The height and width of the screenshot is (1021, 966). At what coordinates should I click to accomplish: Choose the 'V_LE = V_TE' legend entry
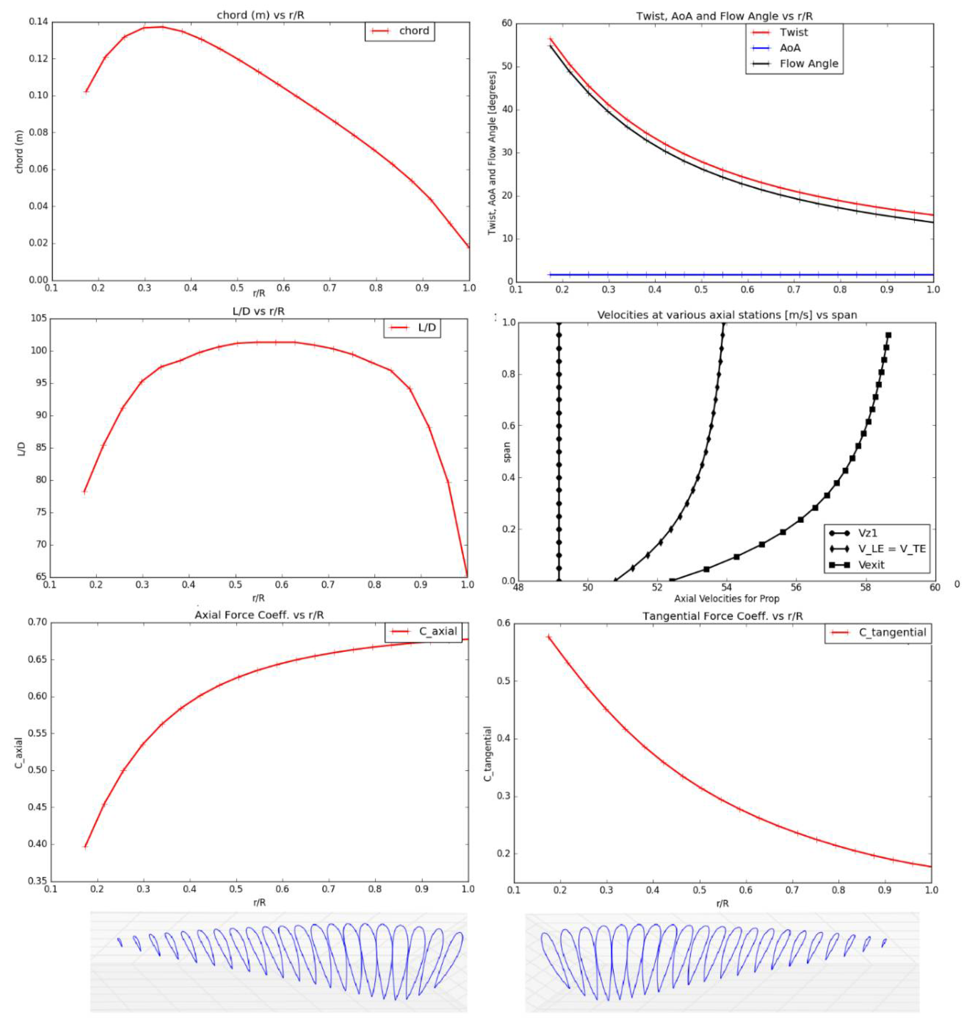[x=891, y=548]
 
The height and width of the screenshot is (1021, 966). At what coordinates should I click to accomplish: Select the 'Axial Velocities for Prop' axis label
[x=726, y=599]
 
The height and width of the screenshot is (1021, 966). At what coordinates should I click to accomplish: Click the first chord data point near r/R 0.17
[x=86, y=91]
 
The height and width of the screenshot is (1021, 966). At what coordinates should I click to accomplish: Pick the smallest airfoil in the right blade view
[x=883, y=942]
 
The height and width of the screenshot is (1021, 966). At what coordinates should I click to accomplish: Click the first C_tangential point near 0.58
[x=549, y=637]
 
